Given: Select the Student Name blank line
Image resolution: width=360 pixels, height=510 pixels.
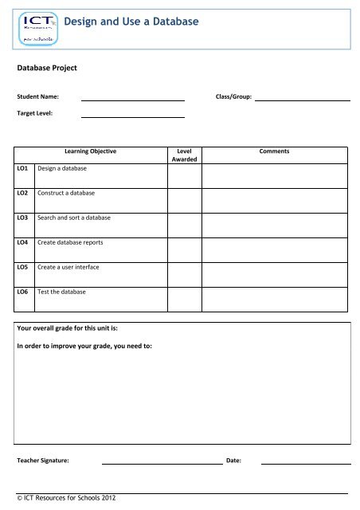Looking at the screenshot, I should pos(133,99).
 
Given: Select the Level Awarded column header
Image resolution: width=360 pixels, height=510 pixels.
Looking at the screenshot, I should pos(184,155).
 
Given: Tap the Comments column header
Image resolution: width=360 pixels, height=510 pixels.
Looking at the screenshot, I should pos(274,151).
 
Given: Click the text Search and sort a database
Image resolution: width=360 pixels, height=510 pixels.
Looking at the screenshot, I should pos(74,218).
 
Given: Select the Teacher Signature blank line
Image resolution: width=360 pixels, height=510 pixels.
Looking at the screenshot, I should pos(161,461).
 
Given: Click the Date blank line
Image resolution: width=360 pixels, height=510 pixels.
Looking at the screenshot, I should pos(306,461).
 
